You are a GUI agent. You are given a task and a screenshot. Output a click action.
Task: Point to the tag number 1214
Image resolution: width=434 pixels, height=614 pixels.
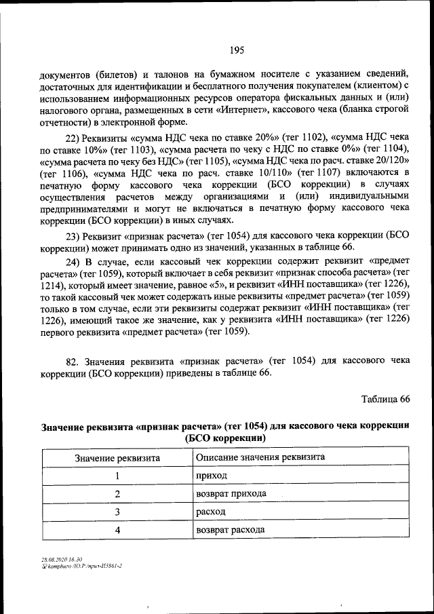click(x=52, y=286)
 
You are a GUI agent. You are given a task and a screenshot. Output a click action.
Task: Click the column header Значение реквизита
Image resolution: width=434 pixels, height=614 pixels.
click(x=117, y=458)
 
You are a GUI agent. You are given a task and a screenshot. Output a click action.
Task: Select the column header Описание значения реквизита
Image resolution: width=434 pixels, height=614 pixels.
click(x=260, y=458)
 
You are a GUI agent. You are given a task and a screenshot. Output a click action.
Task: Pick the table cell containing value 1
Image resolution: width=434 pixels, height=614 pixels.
click(x=117, y=476)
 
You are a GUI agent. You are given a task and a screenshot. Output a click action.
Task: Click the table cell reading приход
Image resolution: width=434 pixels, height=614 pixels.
click(x=211, y=476)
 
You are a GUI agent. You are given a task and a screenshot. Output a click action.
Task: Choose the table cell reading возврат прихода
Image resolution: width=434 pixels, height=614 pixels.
click(x=231, y=494)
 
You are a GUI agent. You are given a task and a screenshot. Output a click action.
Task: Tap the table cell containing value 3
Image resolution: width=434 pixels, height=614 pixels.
click(x=117, y=512)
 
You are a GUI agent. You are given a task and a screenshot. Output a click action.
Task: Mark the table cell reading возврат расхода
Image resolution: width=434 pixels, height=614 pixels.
click(x=231, y=530)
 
